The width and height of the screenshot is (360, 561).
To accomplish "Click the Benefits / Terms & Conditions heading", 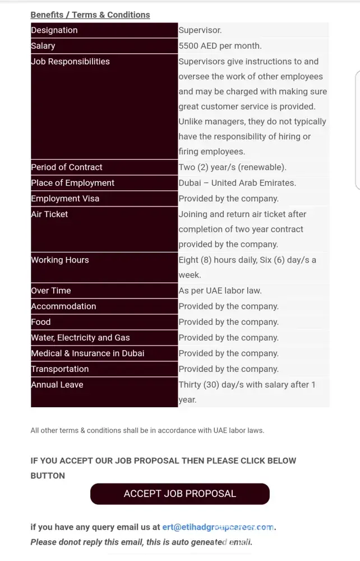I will (90, 15).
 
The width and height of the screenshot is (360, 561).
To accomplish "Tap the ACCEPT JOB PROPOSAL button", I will (180, 494).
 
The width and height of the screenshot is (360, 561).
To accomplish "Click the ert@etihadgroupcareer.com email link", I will (218, 527).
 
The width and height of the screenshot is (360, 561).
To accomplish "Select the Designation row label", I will (54, 30).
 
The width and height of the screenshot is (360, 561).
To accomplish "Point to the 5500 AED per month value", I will (220, 46).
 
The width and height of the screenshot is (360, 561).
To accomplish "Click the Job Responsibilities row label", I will (71, 62).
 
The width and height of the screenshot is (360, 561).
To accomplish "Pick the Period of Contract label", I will (67, 167).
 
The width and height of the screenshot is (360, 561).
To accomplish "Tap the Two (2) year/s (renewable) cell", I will (232, 167).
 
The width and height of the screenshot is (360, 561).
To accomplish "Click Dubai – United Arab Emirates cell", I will (237, 183).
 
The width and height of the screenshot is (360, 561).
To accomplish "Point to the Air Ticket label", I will (49, 214).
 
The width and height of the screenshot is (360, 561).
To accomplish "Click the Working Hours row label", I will (60, 260).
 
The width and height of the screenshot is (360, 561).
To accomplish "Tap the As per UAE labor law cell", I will (220, 291).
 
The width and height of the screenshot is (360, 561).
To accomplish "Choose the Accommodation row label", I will (63, 306).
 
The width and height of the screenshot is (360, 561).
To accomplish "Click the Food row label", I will (41, 322).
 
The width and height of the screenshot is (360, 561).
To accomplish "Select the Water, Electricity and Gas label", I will (80, 338).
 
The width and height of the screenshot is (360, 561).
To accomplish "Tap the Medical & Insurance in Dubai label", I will (87, 353).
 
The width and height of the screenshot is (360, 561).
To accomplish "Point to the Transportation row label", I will (60, 369).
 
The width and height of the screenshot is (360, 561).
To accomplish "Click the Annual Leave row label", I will (57, 385).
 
